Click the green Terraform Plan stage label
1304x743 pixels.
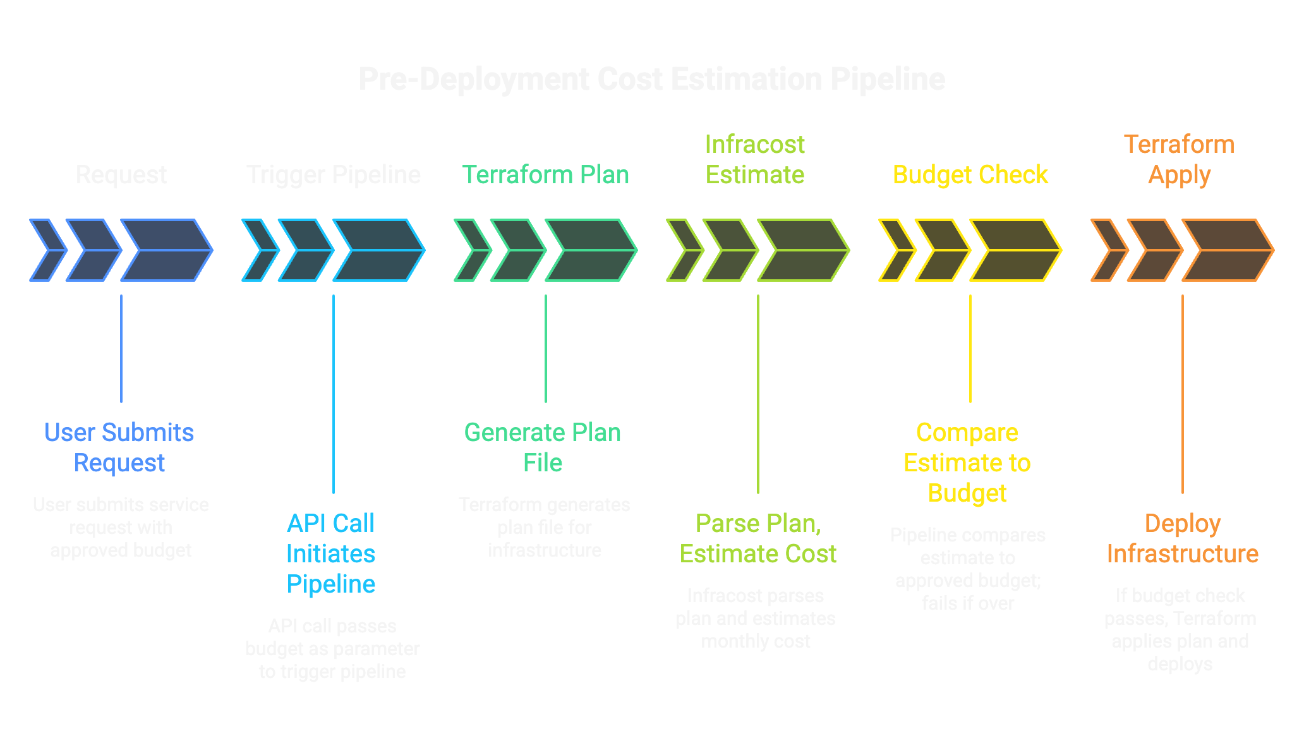tap(545, 175)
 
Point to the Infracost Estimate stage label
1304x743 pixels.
tap(754, 160)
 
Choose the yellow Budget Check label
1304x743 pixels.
tap(970, 175)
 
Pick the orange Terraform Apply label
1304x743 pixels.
tap(1179, 160)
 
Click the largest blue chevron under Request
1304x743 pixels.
tap(166, 250)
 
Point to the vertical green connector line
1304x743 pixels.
tap(546, 347)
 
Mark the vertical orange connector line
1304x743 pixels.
tap(1182, 392)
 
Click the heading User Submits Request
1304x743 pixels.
tap(119, 447)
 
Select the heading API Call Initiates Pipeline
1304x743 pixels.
tap(331, 553)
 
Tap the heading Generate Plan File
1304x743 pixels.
tap(543, 447)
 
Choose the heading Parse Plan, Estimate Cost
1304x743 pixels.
tap(758, 538)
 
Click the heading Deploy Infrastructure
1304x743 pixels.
tap(1182, 538)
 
